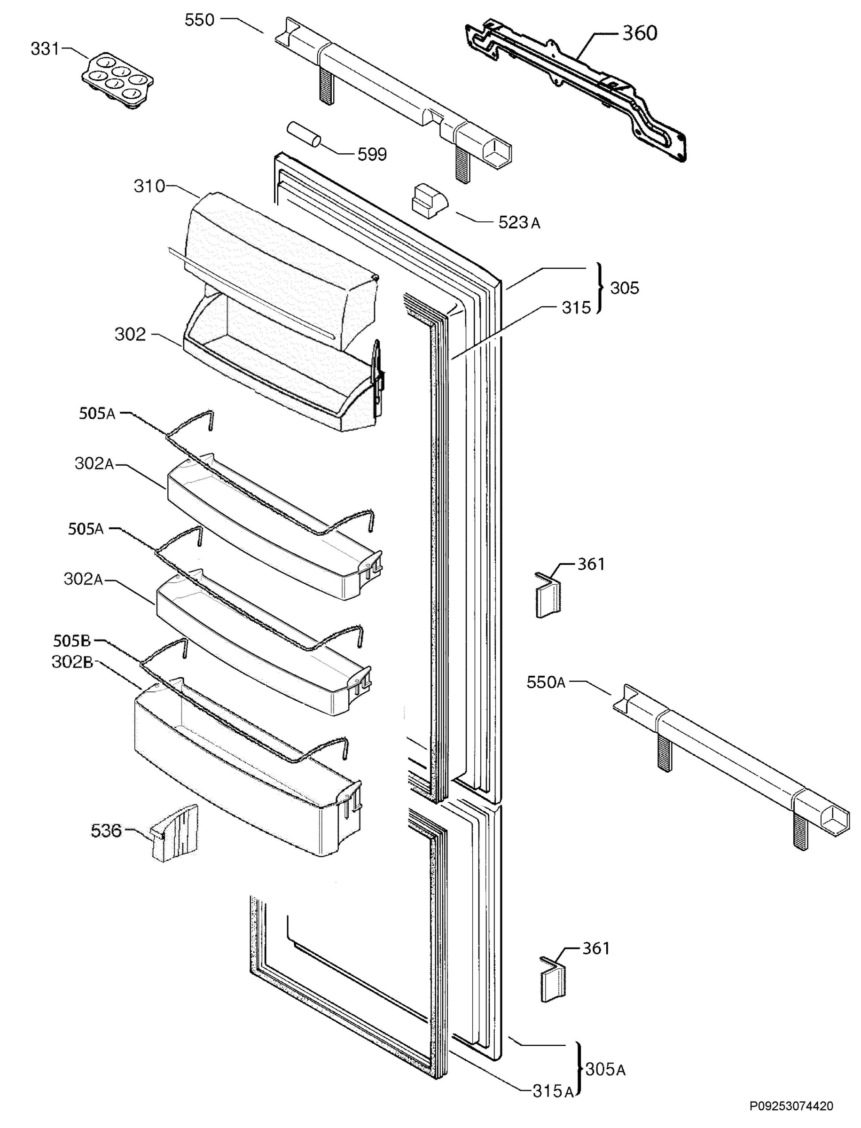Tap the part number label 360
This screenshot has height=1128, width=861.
(640, 33)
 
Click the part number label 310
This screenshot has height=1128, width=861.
(149, 186)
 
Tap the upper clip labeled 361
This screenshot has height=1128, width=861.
(548, 595)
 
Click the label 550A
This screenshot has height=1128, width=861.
(546, 682)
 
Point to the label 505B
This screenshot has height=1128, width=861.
(72, 641)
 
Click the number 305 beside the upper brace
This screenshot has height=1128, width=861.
(625, 288)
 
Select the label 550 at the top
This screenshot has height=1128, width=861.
(199, 21)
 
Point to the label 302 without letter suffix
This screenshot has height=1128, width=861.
(130, 335)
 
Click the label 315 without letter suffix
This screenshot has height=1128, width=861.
(577, 307)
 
